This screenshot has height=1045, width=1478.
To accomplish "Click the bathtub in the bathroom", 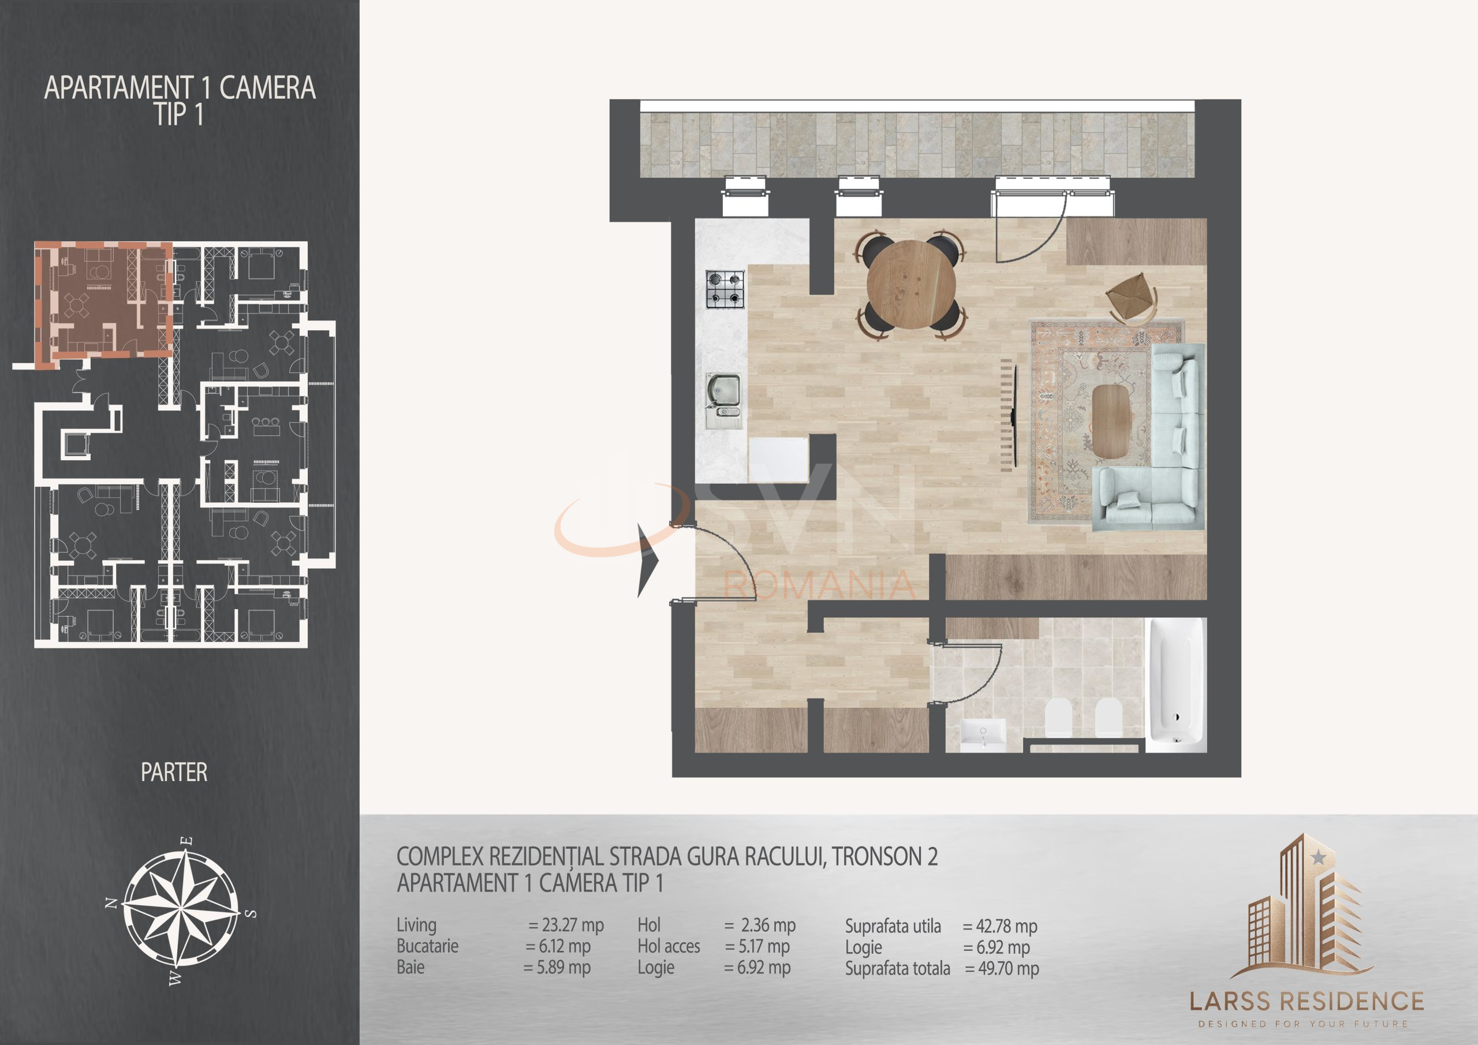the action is pyautogui.click(x=1175, y=684).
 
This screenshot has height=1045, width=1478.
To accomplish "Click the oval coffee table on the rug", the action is pyautogui.click(x=1112, y=421).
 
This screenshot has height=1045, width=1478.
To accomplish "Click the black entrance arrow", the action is pyautogui.click(x=648, y=560).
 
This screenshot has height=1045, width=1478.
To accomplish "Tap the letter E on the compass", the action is pyautogui.click(x=187, y=841).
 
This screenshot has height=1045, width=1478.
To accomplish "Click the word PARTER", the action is pyautogui.click(x=174, y=772).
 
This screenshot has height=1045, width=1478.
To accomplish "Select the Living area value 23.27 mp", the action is pyautogui.click(x=566, y=925).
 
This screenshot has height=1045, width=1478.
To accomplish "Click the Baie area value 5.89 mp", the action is pyautogui.click(x=557, y=967).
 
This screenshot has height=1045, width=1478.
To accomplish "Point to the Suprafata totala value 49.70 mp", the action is pyautogui.click(x=1002, y=968).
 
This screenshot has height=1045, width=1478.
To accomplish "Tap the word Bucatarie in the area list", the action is pyautogui.click(x=427, y=946).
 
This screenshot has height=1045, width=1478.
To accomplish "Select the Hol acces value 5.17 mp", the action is pyautogui.click(x=757, y=946).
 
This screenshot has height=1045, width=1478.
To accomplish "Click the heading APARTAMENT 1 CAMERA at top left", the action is pyautogui.click(x=180, y=88).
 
